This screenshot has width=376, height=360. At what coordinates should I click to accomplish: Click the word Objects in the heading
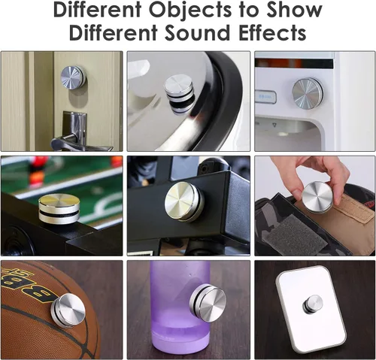pyautogui.click(x=190, y=11)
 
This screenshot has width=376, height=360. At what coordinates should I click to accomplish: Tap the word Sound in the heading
pyautogui.click(x=197, y=33)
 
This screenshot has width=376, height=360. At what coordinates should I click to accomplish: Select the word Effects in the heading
pyautogui.click(x=272, y=33)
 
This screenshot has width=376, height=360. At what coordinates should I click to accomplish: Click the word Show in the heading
pyautogui.click(x=294, y=10)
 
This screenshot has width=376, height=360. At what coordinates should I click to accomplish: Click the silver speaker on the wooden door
pyautogui.click(x=73, y=77)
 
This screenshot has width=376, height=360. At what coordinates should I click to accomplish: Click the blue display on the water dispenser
pyautogui.click(x=265, y=97)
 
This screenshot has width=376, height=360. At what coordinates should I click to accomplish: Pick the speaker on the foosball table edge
pyautogui.click(x=59, y=208)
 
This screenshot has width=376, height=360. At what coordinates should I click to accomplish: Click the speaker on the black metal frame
pyautogui.click(x=184, y=201)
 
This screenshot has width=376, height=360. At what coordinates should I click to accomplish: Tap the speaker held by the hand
pyautogui.click(x=317, y=197)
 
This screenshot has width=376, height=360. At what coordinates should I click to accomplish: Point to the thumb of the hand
pyautogui.click(x=299, y=192)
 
